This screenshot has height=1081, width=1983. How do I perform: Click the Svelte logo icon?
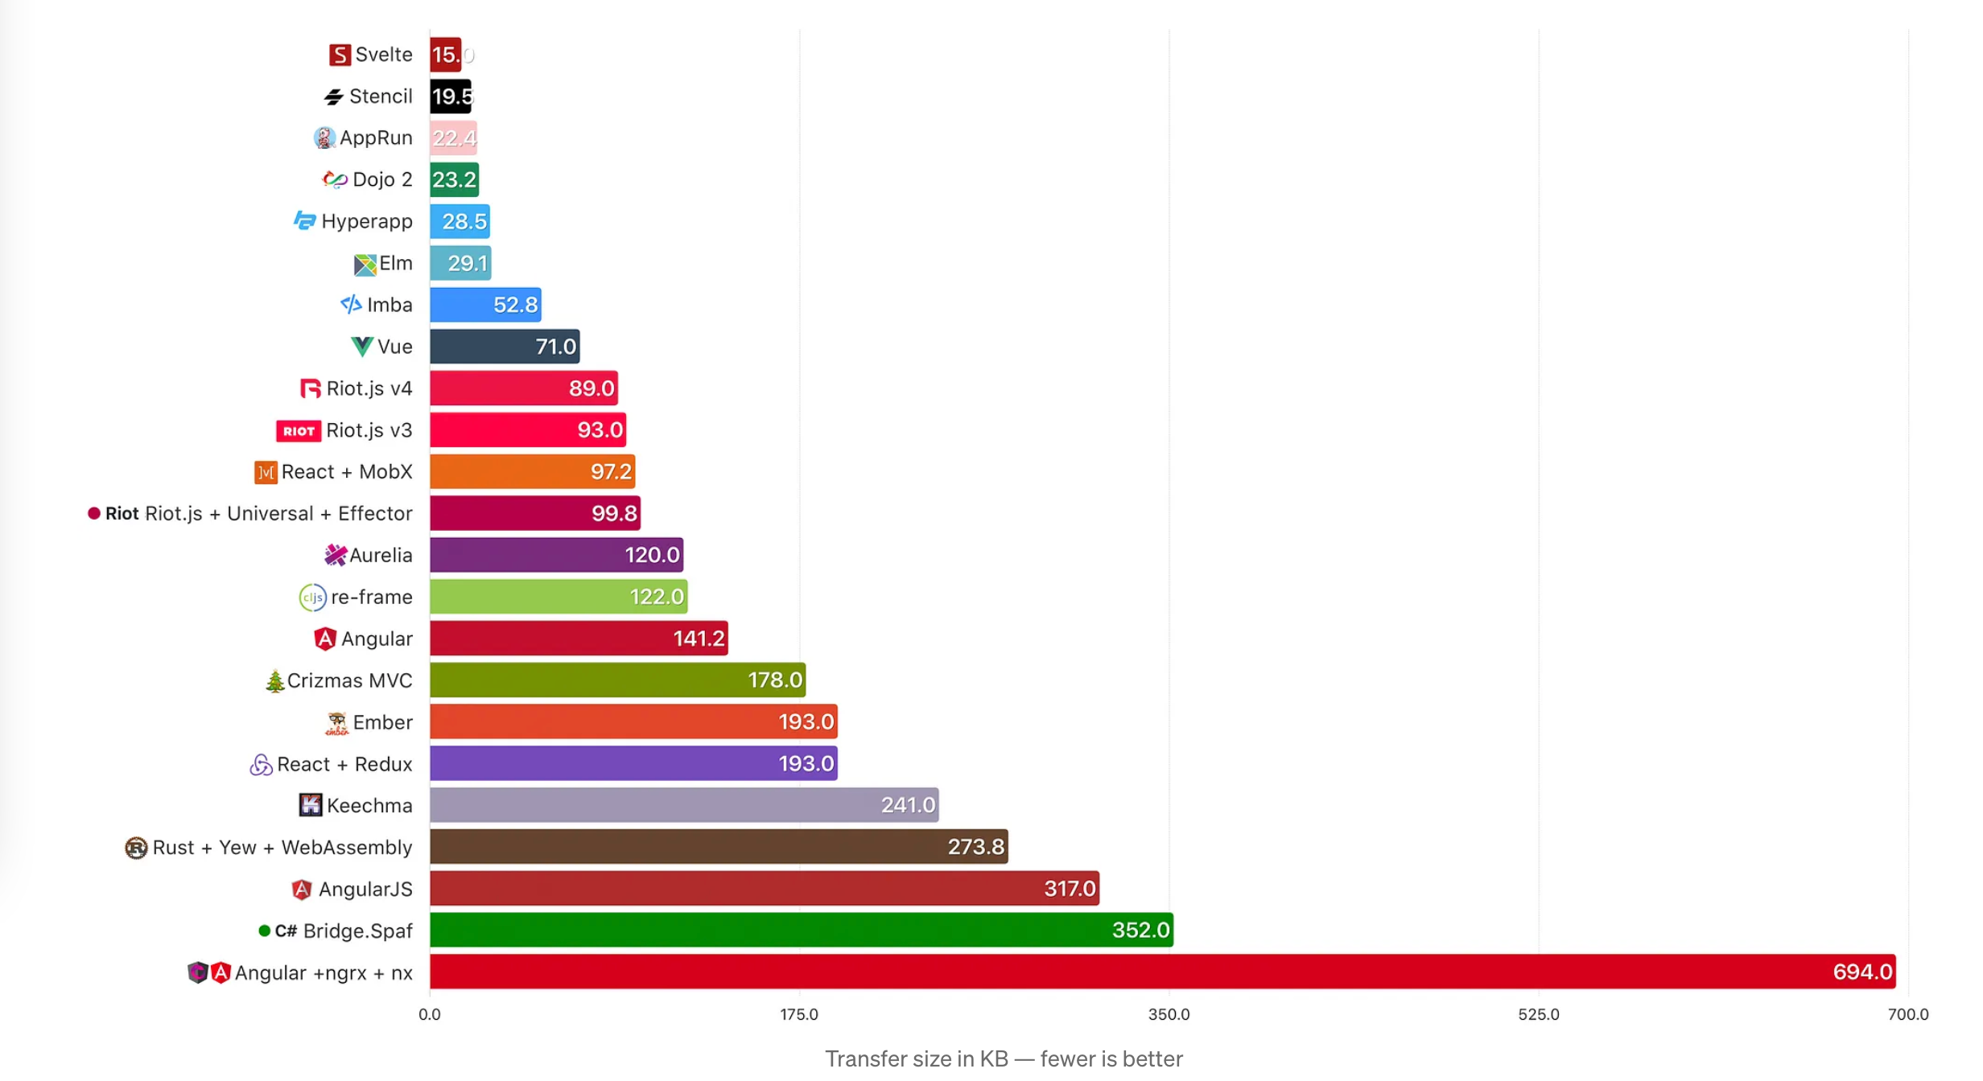click(340, 55)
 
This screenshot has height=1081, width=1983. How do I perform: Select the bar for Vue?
click(504, 347)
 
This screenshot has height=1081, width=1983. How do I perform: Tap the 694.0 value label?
click(1861, 972)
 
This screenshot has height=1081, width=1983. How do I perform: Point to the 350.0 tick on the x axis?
click(1169, 1014)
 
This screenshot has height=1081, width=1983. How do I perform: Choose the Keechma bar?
click(683, 805)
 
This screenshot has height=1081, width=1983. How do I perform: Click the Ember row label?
click(382, 722)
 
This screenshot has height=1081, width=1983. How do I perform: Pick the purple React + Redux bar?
click(633, 763)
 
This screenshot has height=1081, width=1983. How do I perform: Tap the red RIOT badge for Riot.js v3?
click(299, 431)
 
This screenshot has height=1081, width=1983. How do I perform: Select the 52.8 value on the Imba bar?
click(515, 305)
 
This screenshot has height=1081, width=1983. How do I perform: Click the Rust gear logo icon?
click(136, 848)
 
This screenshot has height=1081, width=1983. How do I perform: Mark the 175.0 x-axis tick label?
click(799, 1014)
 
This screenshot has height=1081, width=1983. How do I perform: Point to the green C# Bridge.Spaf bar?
click(801, 931)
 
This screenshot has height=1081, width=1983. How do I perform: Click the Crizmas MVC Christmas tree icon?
click(275, 681)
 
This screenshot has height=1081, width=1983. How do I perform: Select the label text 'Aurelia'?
click(381, 555)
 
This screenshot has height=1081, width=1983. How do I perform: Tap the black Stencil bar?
click(450, 97)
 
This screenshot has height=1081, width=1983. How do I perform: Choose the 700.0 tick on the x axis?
click(1907, 1014)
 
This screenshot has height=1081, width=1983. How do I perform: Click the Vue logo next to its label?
click(362, 347)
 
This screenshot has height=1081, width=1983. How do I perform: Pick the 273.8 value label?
click(975, 847)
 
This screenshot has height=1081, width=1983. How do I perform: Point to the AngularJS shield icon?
click(302, 890)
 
